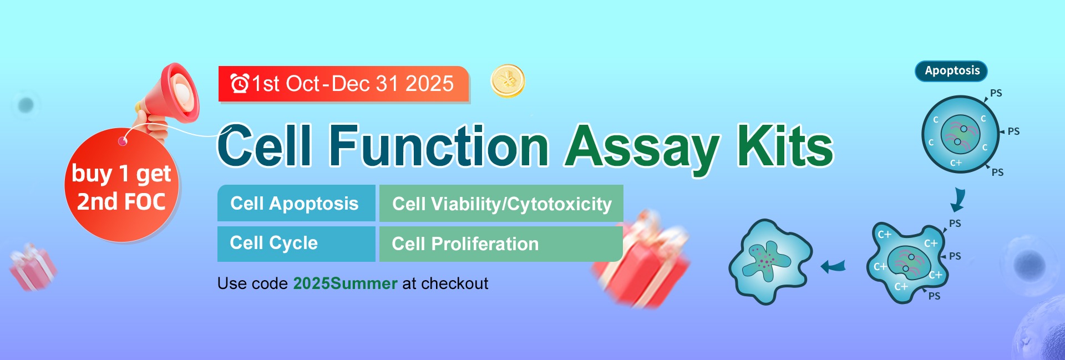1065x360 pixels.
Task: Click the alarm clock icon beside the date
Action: coord(240,84)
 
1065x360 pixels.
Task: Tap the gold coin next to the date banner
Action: coord(508,81)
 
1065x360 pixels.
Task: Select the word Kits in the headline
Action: coord(785,145)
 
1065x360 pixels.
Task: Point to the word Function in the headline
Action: coord(439,145)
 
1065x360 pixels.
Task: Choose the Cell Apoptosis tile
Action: coord(296,203)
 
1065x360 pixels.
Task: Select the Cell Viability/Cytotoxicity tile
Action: coord(501,204)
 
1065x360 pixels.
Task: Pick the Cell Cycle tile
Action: coord(296,244)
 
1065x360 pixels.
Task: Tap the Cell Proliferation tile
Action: coord(501,244)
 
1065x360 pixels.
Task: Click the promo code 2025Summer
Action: coord(345,283)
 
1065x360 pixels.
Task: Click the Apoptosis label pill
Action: coord(951,71)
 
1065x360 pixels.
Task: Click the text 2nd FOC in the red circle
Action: coord(121,201)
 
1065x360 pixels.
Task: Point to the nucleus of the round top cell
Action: coord(961,134)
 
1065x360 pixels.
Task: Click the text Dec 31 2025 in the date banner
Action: coord(393,84)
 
